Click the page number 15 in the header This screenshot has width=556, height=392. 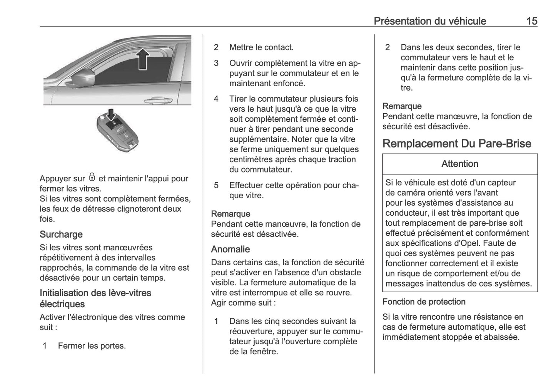(x=531, y=21)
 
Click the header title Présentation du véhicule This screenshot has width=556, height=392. (x=430, y=21)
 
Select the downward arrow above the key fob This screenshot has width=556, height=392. (x=111, y=114)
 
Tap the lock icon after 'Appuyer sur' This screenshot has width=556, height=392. (x=92, y=178)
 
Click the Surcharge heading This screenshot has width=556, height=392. (x=61, y=234)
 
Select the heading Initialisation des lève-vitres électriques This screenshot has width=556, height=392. (x=95, y=298)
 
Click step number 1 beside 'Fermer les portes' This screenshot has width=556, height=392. (x=45, y=346)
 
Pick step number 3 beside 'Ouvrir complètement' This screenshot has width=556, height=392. (x=216, y=63)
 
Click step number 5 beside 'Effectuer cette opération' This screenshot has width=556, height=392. (x=216, y=185)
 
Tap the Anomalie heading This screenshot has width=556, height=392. (x=230, y=249)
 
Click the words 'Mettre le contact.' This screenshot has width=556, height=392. (x=261, y=47)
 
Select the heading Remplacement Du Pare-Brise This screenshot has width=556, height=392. (x=457, y=144)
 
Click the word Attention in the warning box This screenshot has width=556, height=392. (x=460, y=164)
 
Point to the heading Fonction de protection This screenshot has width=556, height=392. (x=424, y=302)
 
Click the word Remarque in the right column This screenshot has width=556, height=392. (x=402, y=106)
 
